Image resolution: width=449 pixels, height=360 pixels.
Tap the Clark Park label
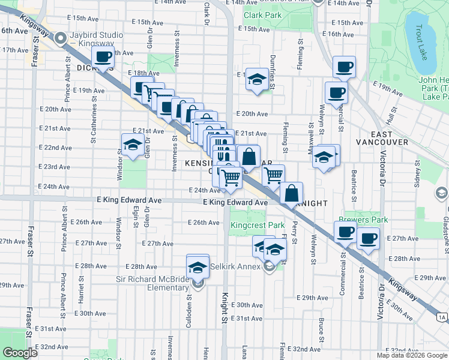(x=262, y=15)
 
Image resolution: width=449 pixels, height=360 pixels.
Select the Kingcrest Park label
(x=258, y=226)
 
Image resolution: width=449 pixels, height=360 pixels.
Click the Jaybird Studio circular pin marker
(x=61, y=39)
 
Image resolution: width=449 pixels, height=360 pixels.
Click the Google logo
(x=20, y=353)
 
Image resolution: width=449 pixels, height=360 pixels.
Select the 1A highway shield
(x=442, y=317)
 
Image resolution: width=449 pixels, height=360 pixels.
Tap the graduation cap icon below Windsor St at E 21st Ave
(x=132, y=145)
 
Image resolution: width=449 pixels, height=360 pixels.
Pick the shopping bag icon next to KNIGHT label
(x=291, y=193)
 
